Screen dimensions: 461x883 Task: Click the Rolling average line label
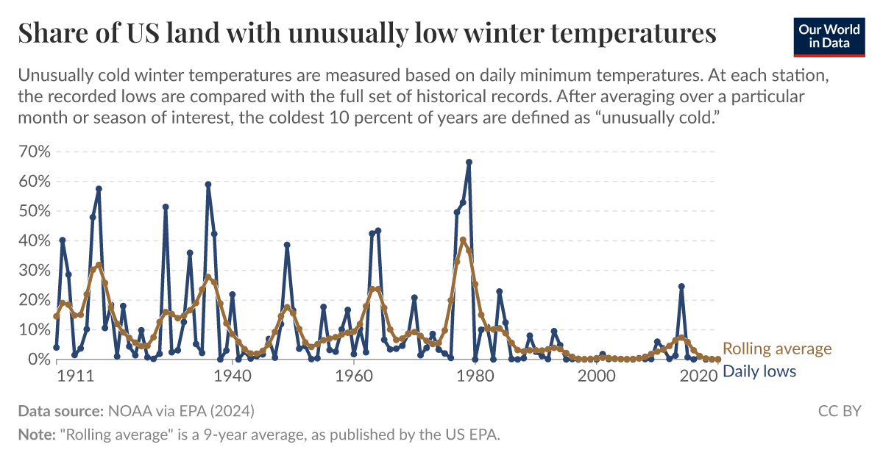(777, 349)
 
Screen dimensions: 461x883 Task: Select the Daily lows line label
(759, 371)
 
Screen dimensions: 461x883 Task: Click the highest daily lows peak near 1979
(469, 162)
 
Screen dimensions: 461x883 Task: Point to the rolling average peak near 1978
(463, 240)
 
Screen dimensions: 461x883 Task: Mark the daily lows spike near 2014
(681, 286)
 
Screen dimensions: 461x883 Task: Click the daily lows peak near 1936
(208, 185)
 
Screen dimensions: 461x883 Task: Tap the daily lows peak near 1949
(287, 245)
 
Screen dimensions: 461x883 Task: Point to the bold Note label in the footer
(37, 435)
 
